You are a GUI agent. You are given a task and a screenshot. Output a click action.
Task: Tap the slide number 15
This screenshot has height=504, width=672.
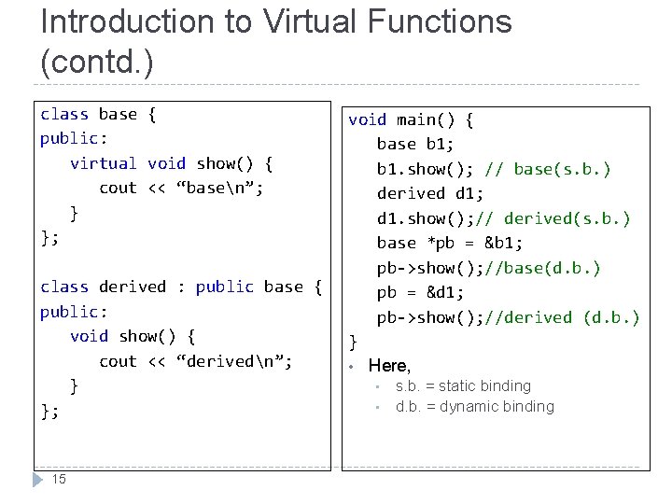click(x=59, y=479)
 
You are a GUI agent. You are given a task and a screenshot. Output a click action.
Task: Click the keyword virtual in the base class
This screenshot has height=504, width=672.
click(x=103, y=163)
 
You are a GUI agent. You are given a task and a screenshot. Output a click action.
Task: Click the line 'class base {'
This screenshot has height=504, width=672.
click(x=98, y=114)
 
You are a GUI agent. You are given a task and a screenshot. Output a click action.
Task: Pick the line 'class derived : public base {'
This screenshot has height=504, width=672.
click(x=181, y=287)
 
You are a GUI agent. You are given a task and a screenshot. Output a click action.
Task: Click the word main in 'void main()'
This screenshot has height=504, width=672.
click(x=416, y=119)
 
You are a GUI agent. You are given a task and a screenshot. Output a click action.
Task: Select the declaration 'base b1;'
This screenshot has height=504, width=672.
click(x=415, y=144)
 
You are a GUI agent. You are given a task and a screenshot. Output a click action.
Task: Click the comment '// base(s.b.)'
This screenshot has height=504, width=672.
click(x=549, y=169)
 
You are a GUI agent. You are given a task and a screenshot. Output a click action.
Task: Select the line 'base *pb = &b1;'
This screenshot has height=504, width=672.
click(x=450, y=243)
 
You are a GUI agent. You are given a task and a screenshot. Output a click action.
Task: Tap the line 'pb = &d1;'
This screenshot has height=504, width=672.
click(x=421, y=292)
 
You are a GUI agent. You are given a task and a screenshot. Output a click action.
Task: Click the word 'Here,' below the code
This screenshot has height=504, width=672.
click(x=389, y=366)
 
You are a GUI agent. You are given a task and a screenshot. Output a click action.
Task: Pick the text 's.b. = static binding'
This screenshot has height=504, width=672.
click(x=463, y=385)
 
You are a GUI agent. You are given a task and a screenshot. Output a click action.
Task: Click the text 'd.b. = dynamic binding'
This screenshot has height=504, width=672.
click(x=474, y=406)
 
